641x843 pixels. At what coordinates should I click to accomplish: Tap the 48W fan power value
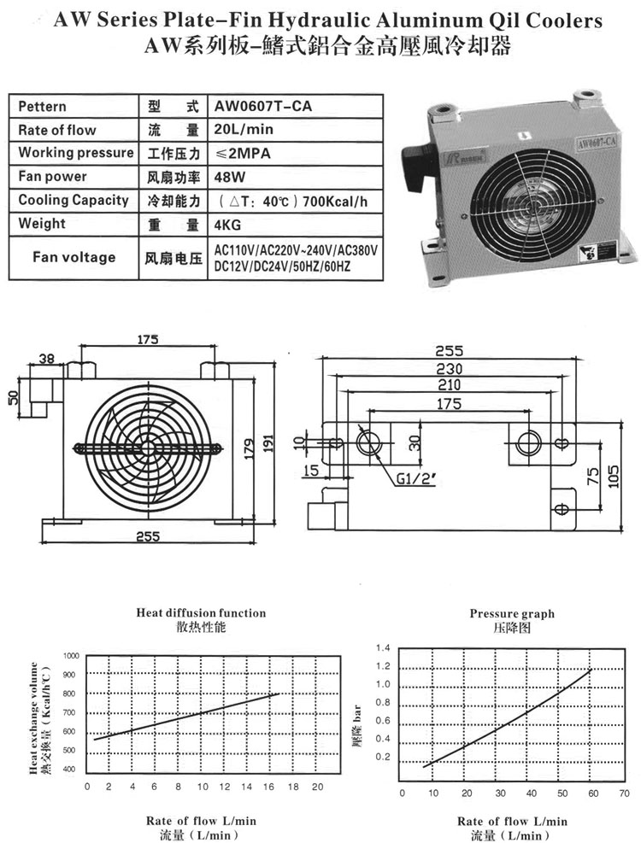(226, 177)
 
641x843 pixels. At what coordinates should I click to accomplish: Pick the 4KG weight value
(226, 224)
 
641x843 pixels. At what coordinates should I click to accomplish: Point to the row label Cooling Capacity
(74, 200)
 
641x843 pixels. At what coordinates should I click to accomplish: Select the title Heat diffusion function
(201, 612)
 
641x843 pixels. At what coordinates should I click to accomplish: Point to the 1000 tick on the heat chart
(70, 655)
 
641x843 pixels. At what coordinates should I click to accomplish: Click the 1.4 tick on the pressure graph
(382, 647)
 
